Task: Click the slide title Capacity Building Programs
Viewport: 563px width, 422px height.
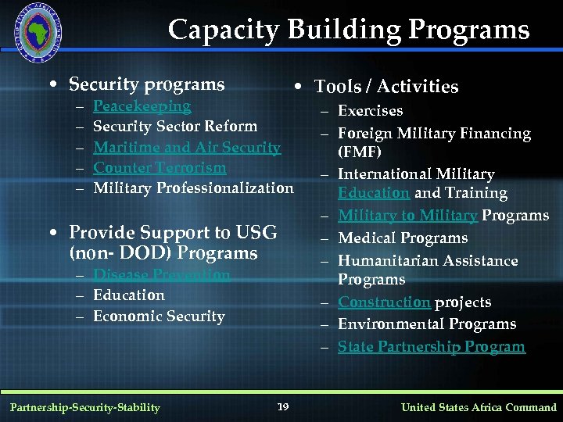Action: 349,30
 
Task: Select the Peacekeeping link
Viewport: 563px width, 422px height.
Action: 142,105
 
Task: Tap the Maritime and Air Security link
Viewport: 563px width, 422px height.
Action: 186,147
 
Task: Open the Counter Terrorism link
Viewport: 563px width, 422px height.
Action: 160,167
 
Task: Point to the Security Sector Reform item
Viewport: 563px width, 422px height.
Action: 174,126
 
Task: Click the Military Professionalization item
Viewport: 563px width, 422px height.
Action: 193,188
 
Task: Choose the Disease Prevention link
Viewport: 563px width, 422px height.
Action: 161,275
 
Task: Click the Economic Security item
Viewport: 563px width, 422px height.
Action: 159,316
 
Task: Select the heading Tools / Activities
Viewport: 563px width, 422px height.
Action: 386,87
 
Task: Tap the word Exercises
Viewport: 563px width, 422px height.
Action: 370,111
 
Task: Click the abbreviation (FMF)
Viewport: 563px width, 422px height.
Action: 359,152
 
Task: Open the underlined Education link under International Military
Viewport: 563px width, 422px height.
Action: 374,193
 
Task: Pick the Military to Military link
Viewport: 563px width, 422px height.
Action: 407,216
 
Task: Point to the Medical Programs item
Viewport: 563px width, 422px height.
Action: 402,238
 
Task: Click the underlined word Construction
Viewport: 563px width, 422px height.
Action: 384,302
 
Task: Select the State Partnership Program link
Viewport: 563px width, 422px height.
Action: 431,347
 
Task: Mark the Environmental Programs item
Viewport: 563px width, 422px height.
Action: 426,324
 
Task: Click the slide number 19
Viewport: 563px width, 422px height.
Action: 283,406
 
